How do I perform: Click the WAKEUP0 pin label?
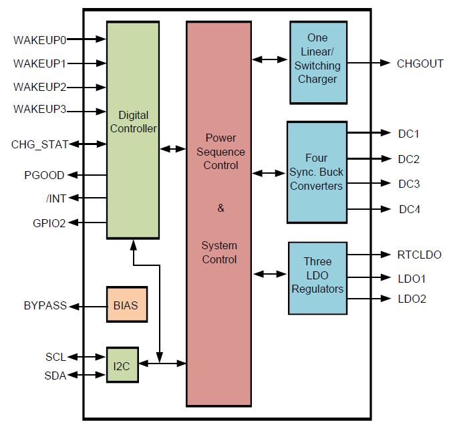coord(39,40)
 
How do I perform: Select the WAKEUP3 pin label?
coord(39,109)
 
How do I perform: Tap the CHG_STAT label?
coord(39,144)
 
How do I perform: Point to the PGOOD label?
coord(44,175)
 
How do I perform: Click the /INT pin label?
coord(56,198)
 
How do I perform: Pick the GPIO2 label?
coord(49,223)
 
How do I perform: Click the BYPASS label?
coord(45,305)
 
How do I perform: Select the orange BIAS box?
coord(127,304)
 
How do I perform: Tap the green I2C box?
coord(122,365)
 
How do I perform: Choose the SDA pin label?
coord(55,376)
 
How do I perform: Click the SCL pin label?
coord(56,357)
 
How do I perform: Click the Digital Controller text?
coord(134,122)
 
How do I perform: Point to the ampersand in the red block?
coord(220,208)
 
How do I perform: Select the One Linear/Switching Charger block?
coord(319,62)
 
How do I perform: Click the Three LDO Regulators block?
coord(317,278)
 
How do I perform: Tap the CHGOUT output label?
coord(420,63)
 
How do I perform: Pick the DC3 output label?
coord(409,184)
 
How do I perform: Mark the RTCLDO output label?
coord(420,255)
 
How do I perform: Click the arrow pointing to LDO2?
coord(369,299)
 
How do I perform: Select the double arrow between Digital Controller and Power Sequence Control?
coord(172,149)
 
